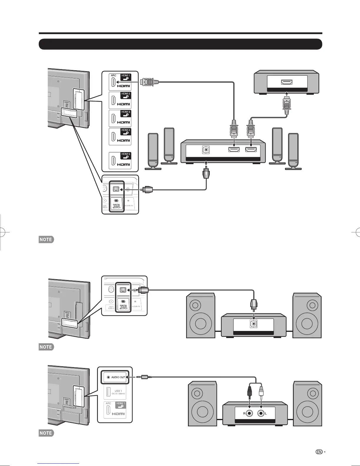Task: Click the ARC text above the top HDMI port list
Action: pyautogui.click(x=114, y=76)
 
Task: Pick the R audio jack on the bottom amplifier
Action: pyautogui.click(x=249, y=413)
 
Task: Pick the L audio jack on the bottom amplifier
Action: pyautogui.click(x=261, y=413)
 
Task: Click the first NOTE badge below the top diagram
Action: pyautogui.click(x=46, y=239)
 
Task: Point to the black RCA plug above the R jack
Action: pyautogui.click(x=249, y=393)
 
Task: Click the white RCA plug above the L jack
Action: pyautogui.click(x=261, y=393)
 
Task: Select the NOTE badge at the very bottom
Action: pyautogui.click(x=46, y=433)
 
